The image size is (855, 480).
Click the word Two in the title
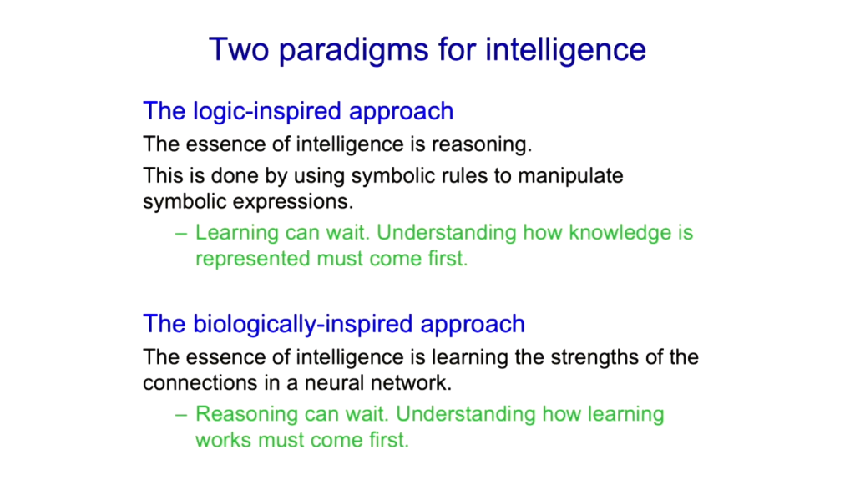click(x=239, y=49)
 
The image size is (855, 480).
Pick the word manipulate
click(x=570, y=177)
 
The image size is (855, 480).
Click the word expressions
click(x=293, y=203)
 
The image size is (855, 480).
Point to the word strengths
click(x=594, y=358)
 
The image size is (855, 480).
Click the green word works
click(x=224, y=440)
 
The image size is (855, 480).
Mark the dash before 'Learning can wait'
click(x=181, y=234)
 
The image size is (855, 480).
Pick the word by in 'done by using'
click(x=276, y=177)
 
